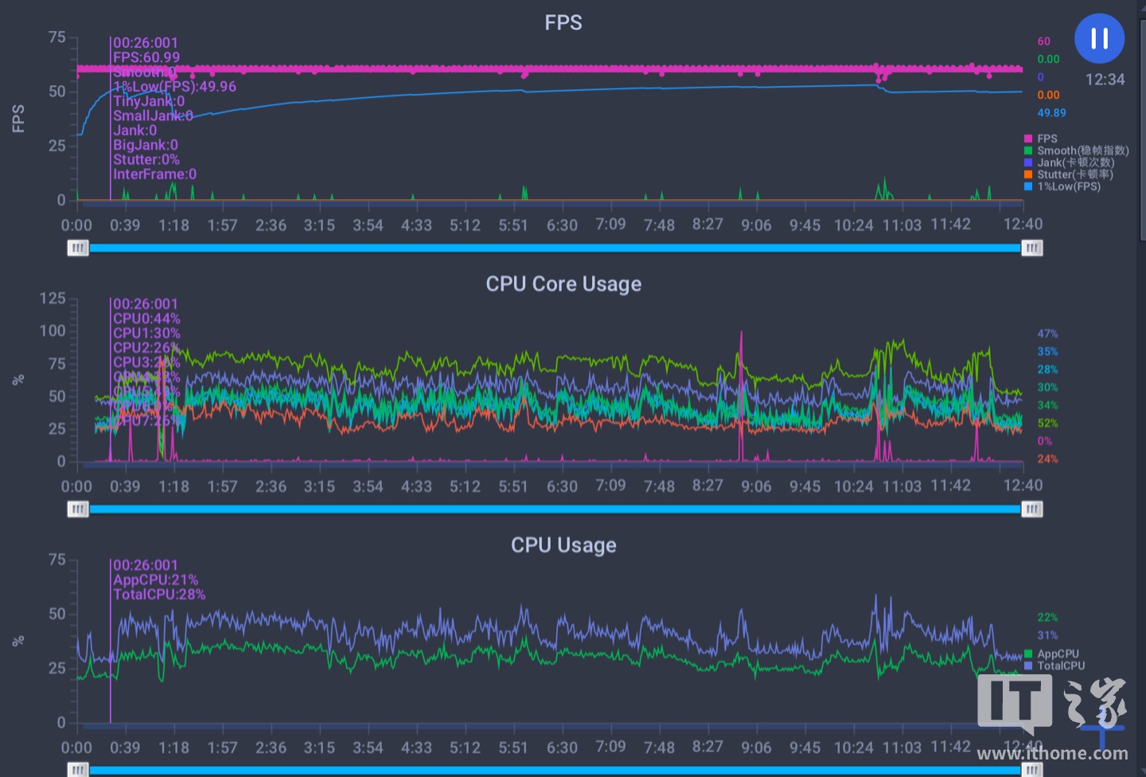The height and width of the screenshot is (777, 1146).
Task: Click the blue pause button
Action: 1099,38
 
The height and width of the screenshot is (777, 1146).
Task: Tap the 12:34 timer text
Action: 1105,80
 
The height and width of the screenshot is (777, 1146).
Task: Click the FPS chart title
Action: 563,23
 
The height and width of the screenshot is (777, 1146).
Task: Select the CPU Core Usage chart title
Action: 563,284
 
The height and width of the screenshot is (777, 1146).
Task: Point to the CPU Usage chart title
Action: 563,545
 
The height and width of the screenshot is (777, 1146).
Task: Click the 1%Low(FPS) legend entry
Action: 1068,186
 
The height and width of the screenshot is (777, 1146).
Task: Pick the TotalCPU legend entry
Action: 1060,666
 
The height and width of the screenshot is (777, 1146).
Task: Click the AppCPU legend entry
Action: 1058,654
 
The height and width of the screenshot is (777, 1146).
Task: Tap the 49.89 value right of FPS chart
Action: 1051,113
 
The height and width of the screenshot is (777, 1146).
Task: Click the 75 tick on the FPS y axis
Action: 57,37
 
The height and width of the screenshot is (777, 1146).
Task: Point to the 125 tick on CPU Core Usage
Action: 53,299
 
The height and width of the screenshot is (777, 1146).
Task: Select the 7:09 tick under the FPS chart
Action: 610,225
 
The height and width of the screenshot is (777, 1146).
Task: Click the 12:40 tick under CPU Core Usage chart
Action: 1023,486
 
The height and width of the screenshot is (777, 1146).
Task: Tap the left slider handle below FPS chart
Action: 78,248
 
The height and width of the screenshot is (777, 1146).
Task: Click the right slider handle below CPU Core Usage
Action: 1031,510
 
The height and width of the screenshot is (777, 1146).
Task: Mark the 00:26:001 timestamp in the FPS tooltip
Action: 146,43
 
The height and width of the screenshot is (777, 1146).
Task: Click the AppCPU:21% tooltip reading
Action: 155,580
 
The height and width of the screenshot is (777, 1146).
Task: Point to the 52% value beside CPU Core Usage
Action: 1047,424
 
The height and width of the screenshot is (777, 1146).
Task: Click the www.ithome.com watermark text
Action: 1052,753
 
